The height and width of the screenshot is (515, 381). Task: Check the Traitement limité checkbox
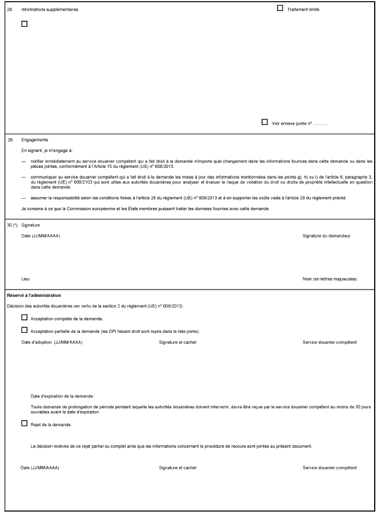280,9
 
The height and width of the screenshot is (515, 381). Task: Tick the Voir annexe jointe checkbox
264,122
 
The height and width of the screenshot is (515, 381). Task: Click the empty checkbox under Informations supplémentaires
24,24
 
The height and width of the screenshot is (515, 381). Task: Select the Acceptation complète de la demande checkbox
24,317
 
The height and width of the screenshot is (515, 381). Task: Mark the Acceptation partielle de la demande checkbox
24,330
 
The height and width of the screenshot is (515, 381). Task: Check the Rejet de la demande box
24,424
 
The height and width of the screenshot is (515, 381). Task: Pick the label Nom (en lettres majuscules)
330,279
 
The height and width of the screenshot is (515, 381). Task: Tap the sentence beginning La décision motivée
171,445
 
